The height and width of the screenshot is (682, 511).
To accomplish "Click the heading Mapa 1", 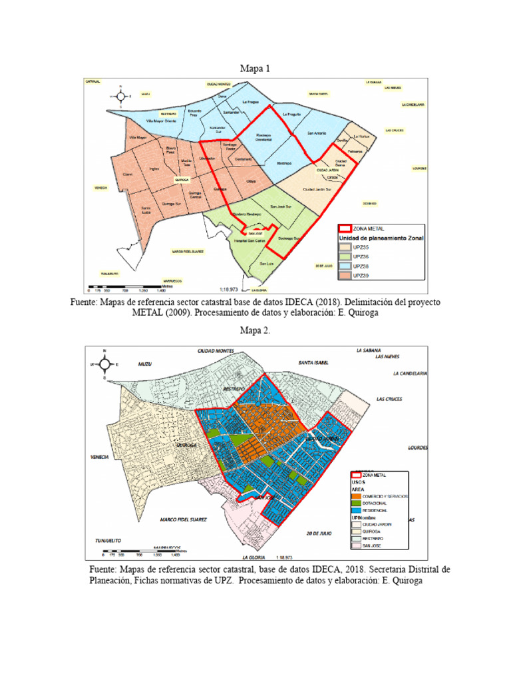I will click(255, 68).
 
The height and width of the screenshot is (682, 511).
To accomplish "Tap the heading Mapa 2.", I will click(255, 332).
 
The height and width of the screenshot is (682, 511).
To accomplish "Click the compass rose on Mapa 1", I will click(120, 96).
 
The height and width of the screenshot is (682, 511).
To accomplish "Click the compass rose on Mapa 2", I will click(104, 364).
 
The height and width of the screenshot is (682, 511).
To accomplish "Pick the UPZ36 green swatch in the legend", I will click(345, 256).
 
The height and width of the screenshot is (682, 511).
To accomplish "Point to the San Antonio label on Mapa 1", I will click(316, 133).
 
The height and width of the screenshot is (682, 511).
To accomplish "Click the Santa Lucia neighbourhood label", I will click(146, 210).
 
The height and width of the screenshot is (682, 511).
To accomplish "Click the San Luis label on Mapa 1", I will click(266, 265).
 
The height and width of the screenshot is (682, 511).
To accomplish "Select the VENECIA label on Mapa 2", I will click(98, 457).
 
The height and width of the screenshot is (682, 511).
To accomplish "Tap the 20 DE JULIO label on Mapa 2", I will click(319, 533).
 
